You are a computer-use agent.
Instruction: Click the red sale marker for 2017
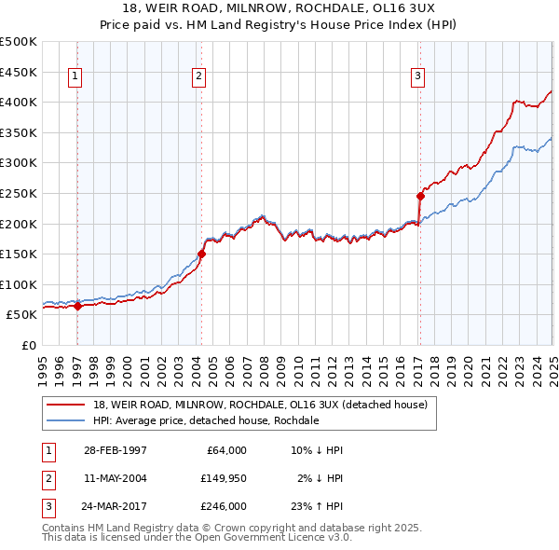click(x=420, y=195)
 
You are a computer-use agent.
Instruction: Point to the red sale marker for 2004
click(x=201, y=254)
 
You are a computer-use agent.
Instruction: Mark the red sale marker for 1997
click(x=77, y=306)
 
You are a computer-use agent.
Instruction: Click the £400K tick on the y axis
click(x=20, y=102)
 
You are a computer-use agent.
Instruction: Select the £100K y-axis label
click(x=20, y=284)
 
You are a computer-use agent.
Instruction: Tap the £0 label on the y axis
click(x=28, y=346)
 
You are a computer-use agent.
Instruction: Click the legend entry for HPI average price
click(x=205, y=421)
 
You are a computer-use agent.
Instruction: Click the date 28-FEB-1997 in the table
click(x=115, y=450)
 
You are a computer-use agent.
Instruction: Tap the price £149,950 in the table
click(x=223, y=478)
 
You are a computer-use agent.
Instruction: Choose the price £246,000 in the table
click(x=223, y=506)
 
